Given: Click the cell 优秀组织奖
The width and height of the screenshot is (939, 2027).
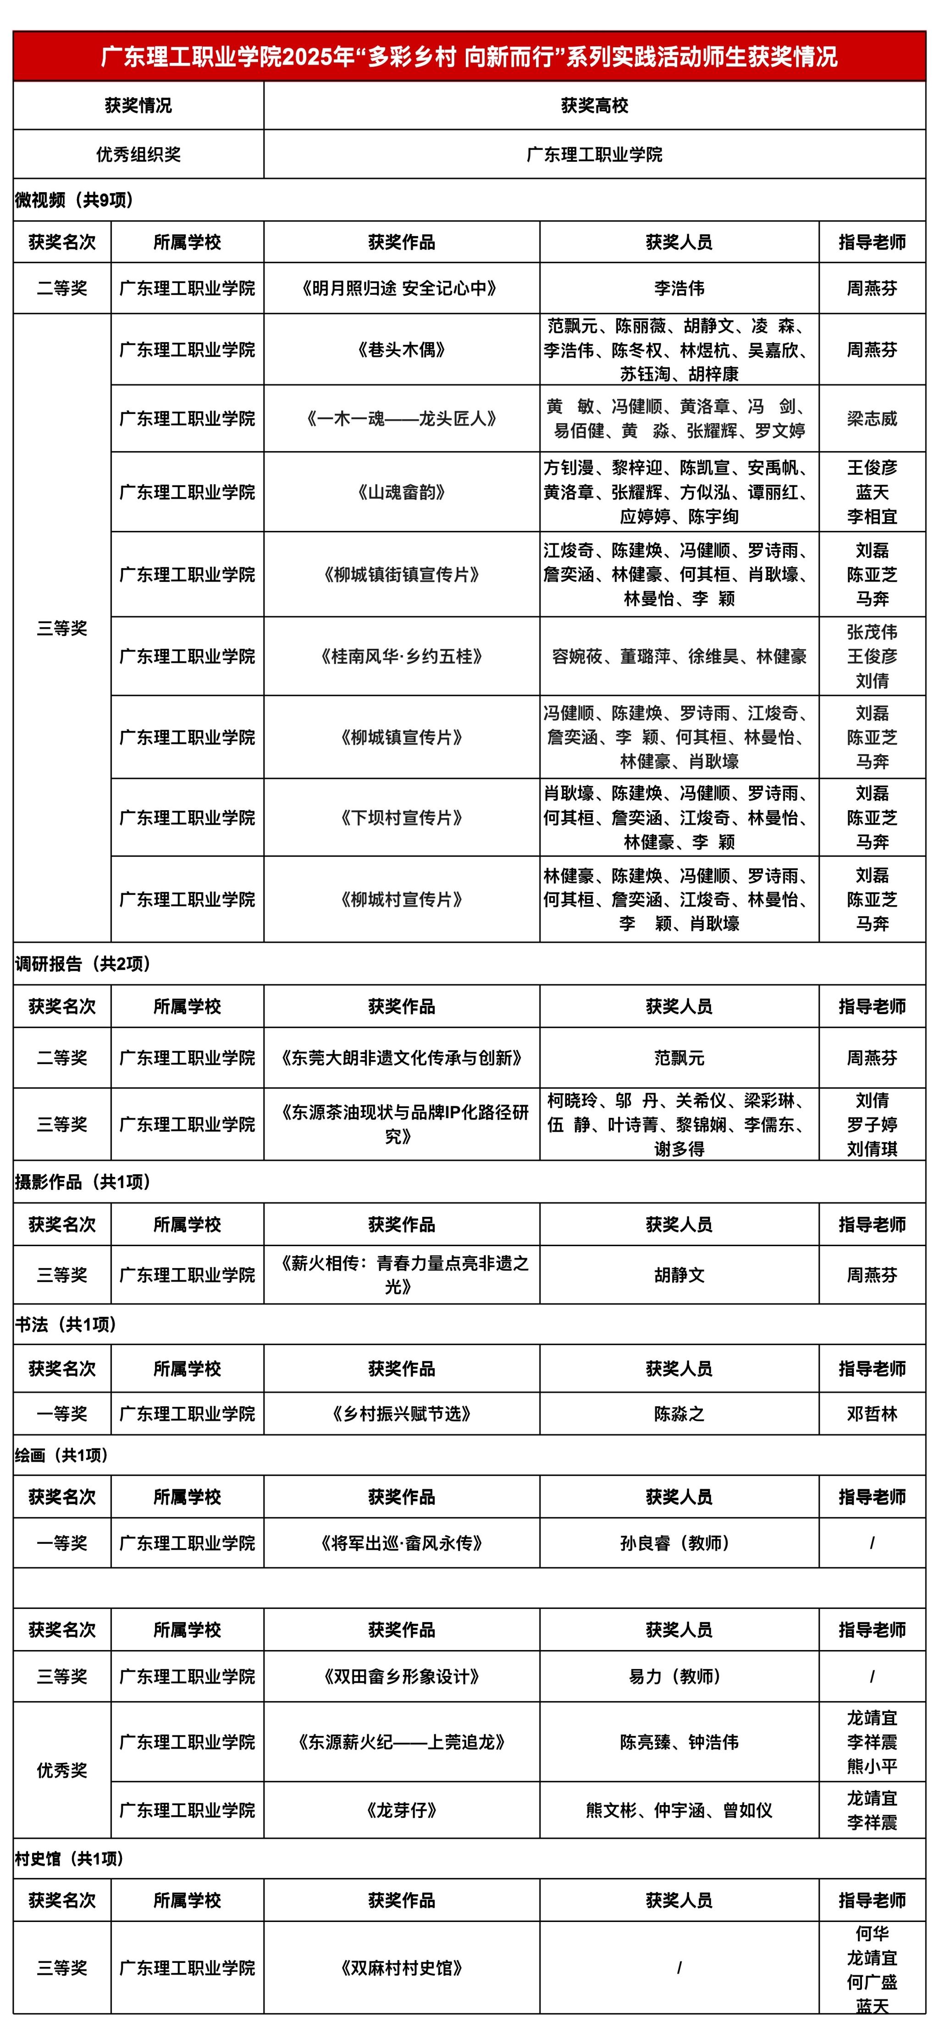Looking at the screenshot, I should (138, 154).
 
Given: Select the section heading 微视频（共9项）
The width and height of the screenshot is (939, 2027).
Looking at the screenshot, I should (75, 200).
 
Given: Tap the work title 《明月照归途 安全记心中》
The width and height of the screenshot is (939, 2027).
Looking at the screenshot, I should (402, 288).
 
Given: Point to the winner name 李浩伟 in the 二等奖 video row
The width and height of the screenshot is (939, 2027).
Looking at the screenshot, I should (679, 288).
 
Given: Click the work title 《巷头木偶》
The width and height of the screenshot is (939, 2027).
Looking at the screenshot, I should (402, 349).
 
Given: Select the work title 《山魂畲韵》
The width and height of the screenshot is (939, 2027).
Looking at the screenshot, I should (402, 492).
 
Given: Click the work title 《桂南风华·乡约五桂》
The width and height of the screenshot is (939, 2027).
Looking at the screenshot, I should (402, 656).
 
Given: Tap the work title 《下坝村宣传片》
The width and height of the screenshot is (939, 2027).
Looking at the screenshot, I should (402, 817).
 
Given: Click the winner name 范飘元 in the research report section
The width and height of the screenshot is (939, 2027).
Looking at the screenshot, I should (679, 1058).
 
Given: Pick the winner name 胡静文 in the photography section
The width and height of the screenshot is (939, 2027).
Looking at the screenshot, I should (679, 1275).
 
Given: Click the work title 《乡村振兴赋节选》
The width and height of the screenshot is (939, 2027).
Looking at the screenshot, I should (402, 1414).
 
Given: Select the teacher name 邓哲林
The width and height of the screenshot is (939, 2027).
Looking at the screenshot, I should (871, 1414).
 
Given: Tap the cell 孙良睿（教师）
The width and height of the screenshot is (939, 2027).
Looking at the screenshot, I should (679, 1543).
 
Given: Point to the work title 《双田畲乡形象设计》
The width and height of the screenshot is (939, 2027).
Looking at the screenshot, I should (402, 1677).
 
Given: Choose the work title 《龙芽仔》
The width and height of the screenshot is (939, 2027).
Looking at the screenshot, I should (402, 1810).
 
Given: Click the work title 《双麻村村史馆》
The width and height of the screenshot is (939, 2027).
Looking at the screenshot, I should (402, 1968).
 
